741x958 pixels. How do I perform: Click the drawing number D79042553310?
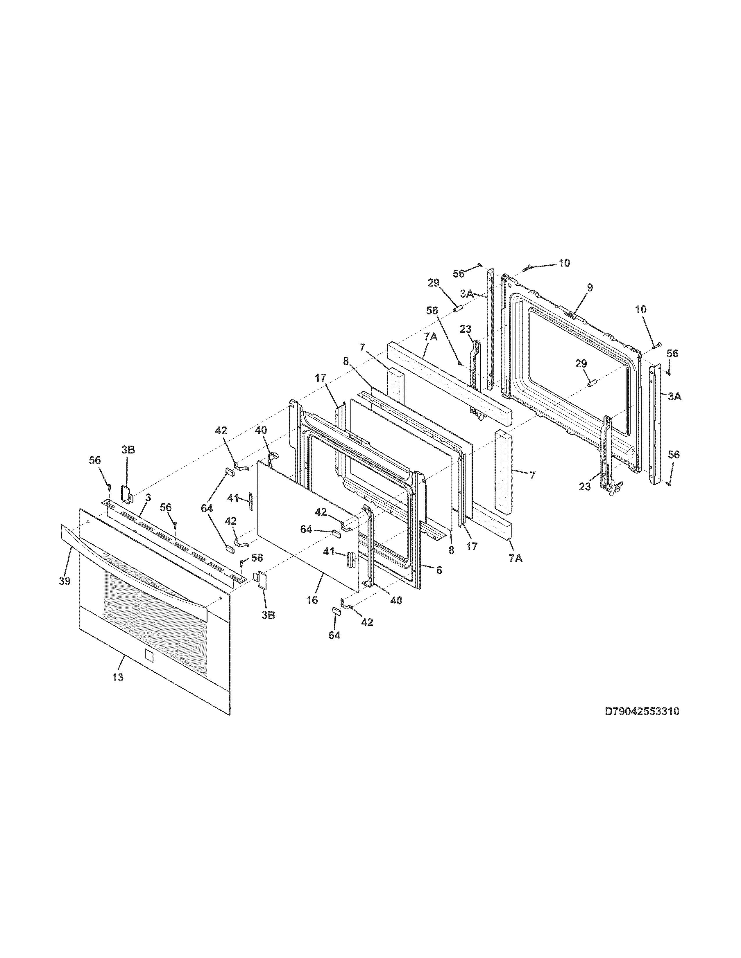(x=642, y=712)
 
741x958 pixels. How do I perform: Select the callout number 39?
(x=65, y=581)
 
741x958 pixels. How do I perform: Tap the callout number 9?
(x=590, y=288)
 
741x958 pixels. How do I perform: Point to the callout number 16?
(x=312, y=600)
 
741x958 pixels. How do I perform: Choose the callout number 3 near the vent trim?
(x=148, y=497)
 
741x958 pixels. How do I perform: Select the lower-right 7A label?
(x=516, y=558)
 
